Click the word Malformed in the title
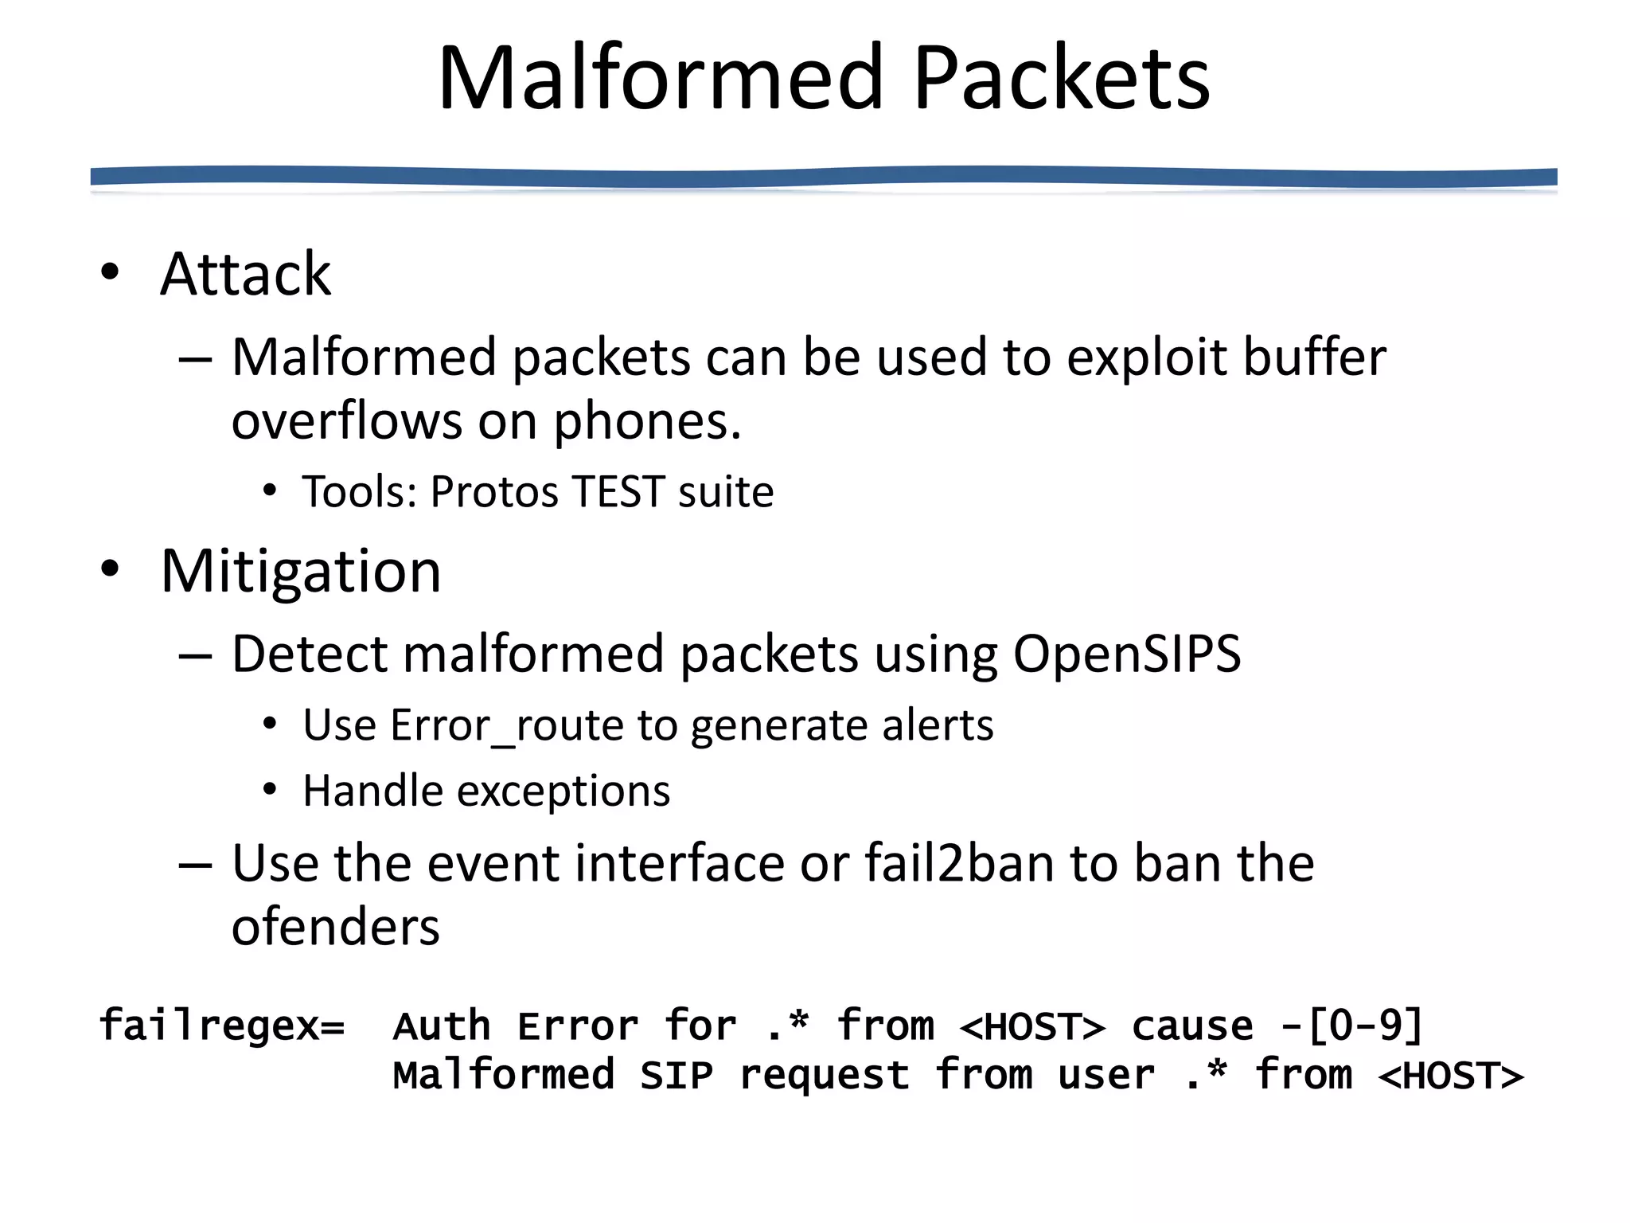[x=661, y=78]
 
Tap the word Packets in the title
[x=1062, y=78]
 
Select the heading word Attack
[x=245, y=274]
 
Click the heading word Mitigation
[x=301, y=572]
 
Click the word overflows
[x=346, y=421]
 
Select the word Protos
[x=494, y=491]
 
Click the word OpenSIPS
[x=1126, y=654]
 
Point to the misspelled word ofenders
[x=335, y=928]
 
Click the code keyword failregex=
[x=222, y=1025]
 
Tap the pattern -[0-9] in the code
[x=1351, y=1025]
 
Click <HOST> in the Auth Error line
[x=1032, y=1026]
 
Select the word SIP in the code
[x=677, y=1076]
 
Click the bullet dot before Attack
[x=110, y=272]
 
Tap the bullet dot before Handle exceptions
[x=270, y=790]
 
